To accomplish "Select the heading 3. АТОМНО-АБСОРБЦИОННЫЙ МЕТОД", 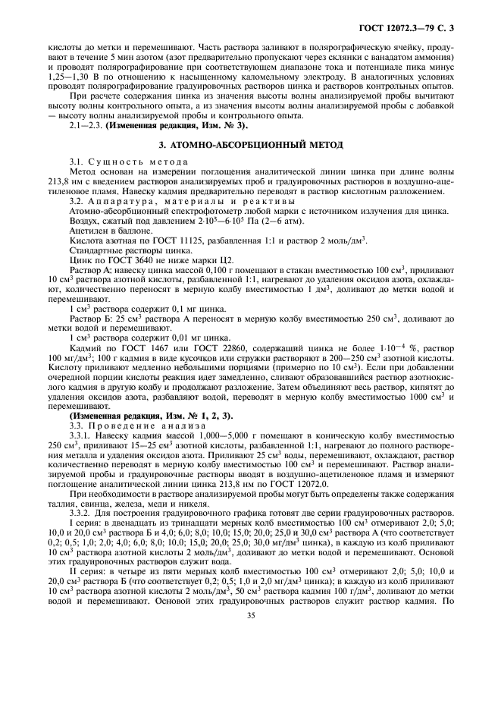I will pos(250,144).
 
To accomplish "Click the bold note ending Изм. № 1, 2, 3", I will pos(152,416).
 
